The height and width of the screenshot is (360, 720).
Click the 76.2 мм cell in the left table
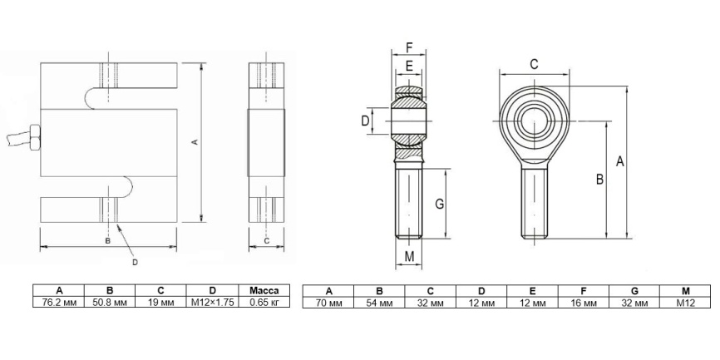click(x=59, y=302)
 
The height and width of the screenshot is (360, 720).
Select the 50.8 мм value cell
click(x=110, y=302)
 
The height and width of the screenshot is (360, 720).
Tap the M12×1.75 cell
click(x=212, y=302)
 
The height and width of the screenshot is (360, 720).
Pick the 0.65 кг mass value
click(x=264, y=302)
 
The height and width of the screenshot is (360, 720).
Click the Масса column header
click(x=264, y=291)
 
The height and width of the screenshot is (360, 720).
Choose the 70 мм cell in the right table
click(x=328, y=303)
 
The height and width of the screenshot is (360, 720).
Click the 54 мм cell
click(x=379, y=303)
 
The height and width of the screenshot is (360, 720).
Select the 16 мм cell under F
click(x=584, y=303)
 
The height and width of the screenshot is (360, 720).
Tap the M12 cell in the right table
click(x=686, y=303)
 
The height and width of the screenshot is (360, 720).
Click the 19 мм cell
click(x=160, y=302)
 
